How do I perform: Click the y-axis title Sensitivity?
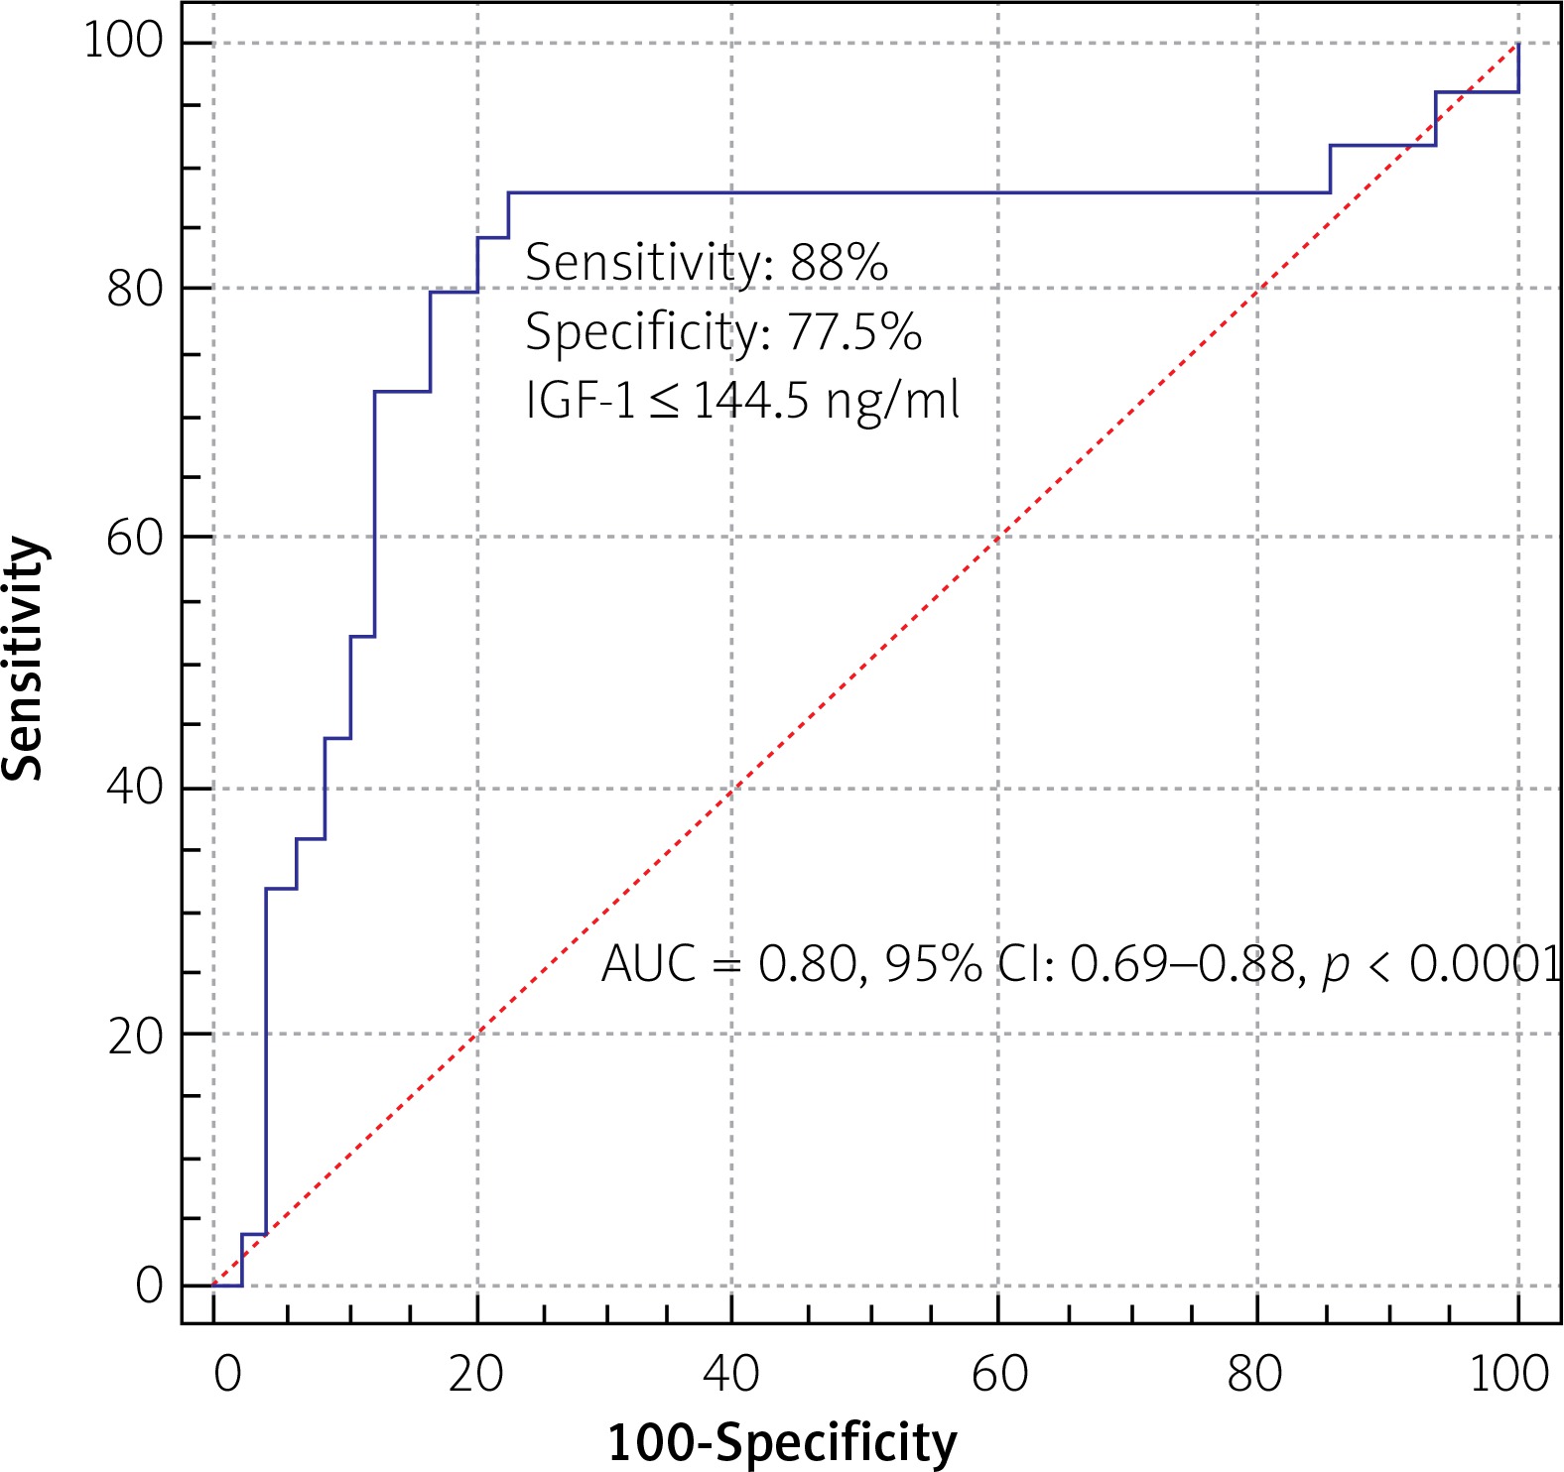point(24,659)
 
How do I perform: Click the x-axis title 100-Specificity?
point(782,1442)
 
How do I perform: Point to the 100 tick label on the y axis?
point(122,42)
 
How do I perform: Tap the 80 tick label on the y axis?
point(134,289)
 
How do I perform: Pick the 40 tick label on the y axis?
point(134,788)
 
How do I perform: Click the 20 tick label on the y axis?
point(134,1037)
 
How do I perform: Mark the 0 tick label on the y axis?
point(149,1286)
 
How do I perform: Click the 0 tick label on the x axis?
point(227,1375)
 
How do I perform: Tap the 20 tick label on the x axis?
point(476,1375)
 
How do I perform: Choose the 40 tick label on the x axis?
point(731,1375)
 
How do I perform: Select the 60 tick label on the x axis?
point(998,1375)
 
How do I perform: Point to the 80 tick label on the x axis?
point(1254,1375)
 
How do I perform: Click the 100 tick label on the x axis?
point(1508,1375)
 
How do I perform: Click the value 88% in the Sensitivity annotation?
point(839,263)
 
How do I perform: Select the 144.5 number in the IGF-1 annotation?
point(750,402)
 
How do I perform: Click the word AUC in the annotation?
point(648,963)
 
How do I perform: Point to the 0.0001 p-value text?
point(1486,963)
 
